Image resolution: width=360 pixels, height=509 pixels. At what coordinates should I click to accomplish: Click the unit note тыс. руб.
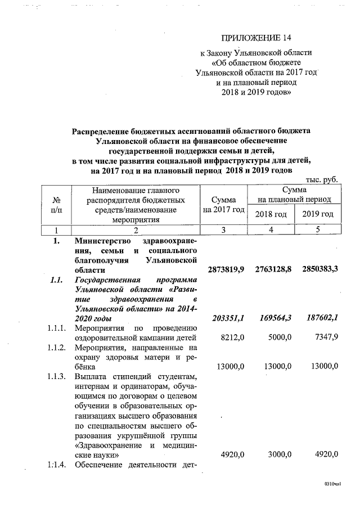[x=321, y=179]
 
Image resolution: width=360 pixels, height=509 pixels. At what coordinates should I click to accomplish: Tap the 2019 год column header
[x=318, y=214]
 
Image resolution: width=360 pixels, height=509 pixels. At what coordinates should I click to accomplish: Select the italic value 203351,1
[x=227, y=319]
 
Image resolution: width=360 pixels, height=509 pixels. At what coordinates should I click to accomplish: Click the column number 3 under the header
[x=223, y=230]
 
